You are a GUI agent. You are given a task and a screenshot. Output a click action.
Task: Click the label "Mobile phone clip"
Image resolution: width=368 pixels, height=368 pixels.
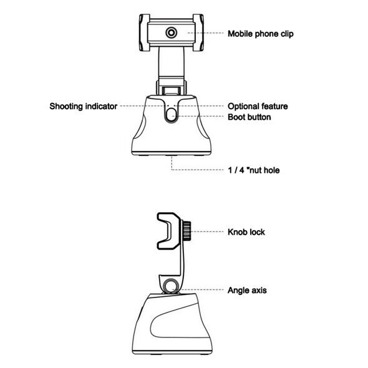[261, 34]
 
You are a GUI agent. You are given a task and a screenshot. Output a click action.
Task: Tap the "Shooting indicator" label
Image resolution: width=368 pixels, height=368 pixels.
[84, 106]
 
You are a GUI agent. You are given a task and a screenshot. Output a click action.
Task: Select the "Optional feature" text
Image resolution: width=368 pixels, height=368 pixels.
[258, 106]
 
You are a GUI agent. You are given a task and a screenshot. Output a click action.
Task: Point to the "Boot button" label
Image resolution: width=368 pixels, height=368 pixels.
[249, 117]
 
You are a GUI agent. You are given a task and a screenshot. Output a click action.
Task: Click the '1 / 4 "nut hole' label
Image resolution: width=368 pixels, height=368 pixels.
[254, 170]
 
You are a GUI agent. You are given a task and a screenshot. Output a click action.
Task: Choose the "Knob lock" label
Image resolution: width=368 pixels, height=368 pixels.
[246, 232]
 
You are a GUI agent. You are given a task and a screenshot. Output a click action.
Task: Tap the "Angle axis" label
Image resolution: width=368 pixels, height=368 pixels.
[247, 290]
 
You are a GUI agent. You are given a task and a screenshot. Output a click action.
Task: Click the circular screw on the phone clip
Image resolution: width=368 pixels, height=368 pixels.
[172, 32]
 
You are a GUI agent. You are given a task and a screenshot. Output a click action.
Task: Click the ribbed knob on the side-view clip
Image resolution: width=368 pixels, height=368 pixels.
[186, 232]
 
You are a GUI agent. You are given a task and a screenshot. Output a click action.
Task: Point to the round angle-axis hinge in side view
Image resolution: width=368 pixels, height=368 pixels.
[172, 286]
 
